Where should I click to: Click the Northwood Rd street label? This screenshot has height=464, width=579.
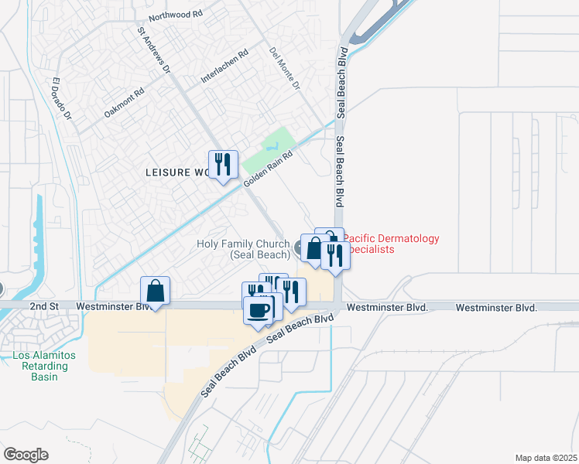pos(177,15)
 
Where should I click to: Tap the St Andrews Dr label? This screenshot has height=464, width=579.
pos(153,53)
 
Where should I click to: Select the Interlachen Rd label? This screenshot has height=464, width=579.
pos(224,67)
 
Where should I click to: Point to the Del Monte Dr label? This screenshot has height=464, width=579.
pos(284,67)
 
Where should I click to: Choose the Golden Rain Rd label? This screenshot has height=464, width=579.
pos(269,167)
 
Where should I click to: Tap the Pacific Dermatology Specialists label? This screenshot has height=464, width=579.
pos(391,244)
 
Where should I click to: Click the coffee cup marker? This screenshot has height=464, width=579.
pos(258,310)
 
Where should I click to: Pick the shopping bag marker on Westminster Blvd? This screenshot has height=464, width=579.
pos(156,292)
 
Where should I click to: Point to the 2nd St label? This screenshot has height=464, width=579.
pos(44,306)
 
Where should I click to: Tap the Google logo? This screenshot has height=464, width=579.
pos(26,455)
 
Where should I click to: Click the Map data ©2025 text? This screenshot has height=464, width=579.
pos(546,458)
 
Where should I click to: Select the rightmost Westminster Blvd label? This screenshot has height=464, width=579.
pos(496,307)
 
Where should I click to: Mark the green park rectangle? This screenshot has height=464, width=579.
pos(268,151)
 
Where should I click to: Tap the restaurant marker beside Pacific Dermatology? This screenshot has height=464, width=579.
pos(335,254)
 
